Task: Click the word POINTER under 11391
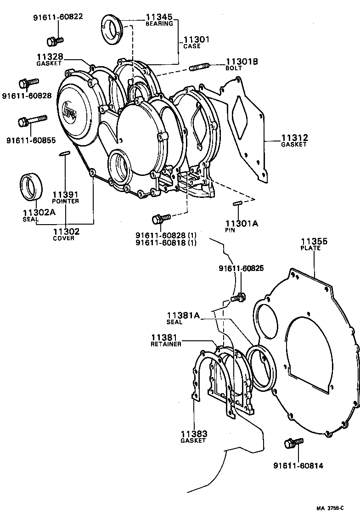pyautogui.click(x=65, y=201)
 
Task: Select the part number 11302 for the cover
pyautogui.click(x=66, y=231)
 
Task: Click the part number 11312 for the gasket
pyautogui.click(x=294, y=137)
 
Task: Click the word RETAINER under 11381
pyautogui.click(x=166, y=344)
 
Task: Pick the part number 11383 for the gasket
pyautogui.click(x=193, y=434)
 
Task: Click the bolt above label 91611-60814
pyautogui.click(x=292, y=443)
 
